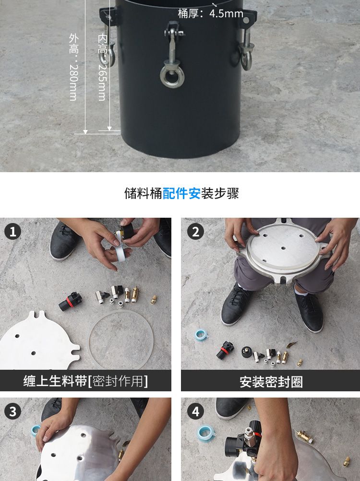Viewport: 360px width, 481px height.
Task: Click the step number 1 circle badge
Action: [12, 232]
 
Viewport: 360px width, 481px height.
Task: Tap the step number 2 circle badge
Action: [195, 232]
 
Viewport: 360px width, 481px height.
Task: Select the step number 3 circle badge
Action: [12, 411]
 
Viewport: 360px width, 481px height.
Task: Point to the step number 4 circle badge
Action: [195, 411]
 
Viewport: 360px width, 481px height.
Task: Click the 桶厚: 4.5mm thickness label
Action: [211, 13]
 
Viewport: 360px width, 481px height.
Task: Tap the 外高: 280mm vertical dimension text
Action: [73, 67]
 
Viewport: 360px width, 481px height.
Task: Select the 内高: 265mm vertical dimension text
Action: [102, 67]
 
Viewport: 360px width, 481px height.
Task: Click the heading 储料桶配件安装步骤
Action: [181, 193]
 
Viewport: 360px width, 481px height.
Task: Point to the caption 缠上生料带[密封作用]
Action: [85, 381]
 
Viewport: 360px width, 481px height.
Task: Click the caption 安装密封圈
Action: [271, 382]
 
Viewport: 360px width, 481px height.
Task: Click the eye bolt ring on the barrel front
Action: [171, 76]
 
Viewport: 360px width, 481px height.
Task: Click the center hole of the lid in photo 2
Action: [283, 248]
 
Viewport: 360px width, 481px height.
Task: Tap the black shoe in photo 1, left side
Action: [64, 241]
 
